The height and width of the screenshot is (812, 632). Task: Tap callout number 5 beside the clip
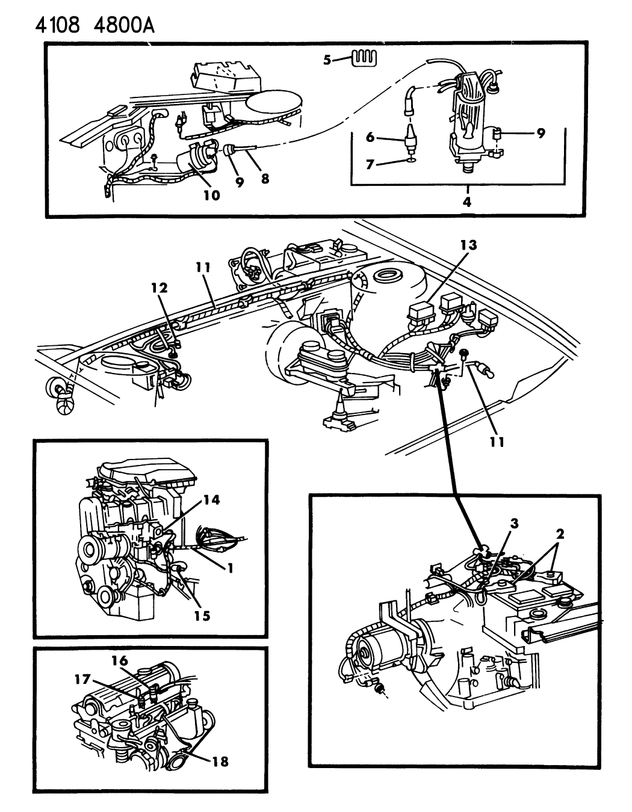tap(327, 60)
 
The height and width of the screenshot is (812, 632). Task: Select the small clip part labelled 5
tap(364, 59)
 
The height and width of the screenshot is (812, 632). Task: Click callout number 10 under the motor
tap(212, 195)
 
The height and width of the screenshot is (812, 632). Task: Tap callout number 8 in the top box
tap(264, 180)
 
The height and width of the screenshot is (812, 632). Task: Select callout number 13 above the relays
tap(469, 245)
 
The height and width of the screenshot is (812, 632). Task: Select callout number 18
tap(221, 762)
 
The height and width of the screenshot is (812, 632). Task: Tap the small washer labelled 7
tap(410, 161)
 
